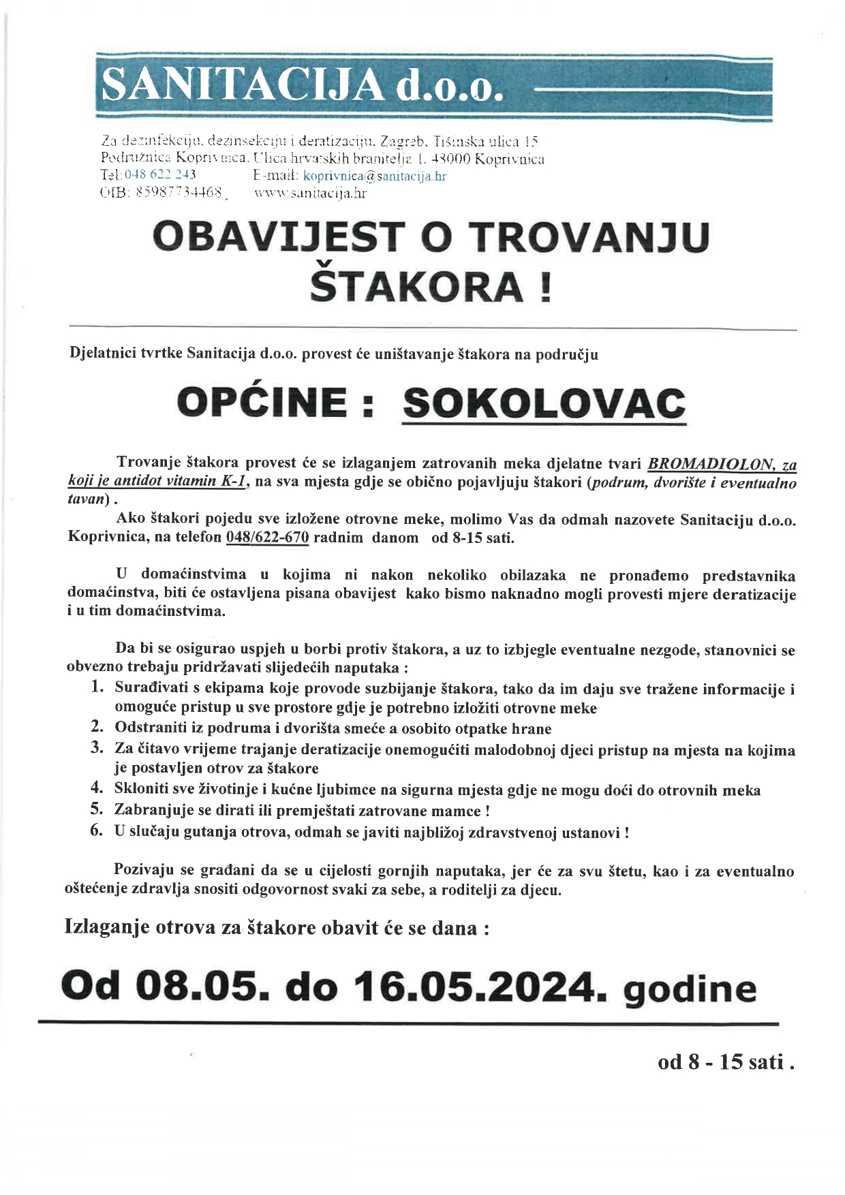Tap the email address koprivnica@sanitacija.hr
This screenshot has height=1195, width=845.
pos(374,176)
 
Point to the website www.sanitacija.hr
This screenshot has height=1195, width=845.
pos(310,193)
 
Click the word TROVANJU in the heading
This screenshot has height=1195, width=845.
pos(589,237)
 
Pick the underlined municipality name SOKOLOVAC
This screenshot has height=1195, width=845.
pos(544,403)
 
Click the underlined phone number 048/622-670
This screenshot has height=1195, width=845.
pos(267,538)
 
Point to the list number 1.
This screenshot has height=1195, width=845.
pos(97,687)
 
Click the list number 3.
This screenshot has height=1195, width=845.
pos(97,749)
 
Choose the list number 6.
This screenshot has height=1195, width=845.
pos(97,831)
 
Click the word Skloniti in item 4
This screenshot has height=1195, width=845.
pos(140,790)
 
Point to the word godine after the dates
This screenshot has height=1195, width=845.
pos(690,989)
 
